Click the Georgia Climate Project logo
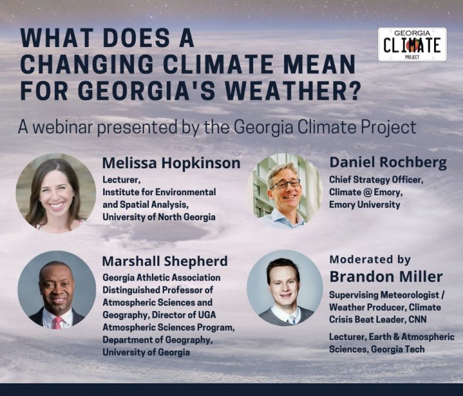tap(412, 44)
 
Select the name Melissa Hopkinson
tap(171, 163)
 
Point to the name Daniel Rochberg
tap(387, 163)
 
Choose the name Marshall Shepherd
tap(165, 261)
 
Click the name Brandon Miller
tap(386, 277)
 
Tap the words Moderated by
tap(370, 260)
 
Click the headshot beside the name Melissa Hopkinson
tap(55, 193)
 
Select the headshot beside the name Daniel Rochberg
tap(285, 191)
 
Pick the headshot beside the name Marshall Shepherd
tap(56, 289)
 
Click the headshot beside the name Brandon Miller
tap(285, 288)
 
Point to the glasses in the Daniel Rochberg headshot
tap(285, 184)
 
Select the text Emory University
tap(364, 204)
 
